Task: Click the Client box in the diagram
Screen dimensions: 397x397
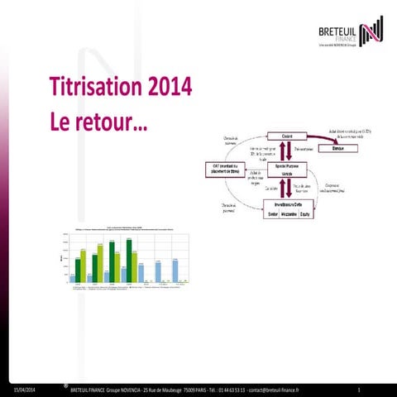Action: click(x=287, y=136)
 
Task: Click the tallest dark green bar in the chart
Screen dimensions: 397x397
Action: click(x=129, y=261)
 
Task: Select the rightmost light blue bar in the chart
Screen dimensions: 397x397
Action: click(x=177, y=270)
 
